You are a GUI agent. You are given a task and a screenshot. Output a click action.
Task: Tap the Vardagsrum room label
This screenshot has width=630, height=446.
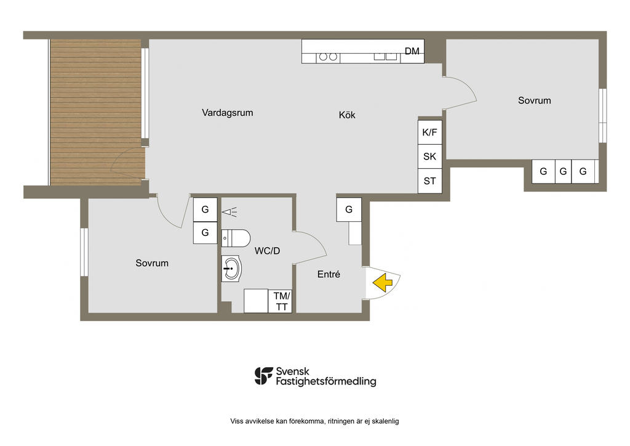(228, 113)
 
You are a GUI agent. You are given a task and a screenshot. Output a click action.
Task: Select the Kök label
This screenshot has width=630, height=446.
(347, 115)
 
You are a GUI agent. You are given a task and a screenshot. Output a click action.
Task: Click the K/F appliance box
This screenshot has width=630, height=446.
(430, 132)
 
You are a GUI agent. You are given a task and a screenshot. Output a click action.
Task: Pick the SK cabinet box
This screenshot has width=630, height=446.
(430, 156)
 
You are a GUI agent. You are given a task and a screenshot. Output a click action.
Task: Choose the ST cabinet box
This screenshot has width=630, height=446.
(430, 181)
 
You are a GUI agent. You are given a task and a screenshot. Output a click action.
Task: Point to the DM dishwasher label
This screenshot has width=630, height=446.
(412, 51)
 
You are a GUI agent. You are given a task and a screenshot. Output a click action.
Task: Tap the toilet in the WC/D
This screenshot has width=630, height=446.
(236, 238)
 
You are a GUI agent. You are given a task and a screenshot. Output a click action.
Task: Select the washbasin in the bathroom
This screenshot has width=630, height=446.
(231, 268)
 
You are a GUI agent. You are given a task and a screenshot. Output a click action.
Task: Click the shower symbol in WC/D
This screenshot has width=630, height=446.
(229, 211)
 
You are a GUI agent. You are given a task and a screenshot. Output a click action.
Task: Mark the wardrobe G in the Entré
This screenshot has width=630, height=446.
(349, 209)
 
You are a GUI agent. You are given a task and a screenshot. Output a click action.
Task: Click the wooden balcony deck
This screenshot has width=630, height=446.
(95, 112)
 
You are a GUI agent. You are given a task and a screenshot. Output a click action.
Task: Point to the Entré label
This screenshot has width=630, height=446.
(329, 274)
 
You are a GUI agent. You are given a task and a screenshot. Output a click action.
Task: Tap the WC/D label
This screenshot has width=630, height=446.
(267, 251)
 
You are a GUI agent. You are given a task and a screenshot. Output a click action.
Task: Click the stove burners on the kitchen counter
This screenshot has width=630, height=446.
(329, 57)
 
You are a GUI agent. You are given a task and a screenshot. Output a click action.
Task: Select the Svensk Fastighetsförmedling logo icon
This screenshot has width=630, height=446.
(263, 376)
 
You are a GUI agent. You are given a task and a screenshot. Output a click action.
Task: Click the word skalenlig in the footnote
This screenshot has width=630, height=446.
(385, 421)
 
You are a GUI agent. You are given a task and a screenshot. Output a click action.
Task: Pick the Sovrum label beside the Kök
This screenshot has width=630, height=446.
(535, 100)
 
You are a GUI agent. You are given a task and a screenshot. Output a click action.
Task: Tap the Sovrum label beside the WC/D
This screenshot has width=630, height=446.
(152, 263)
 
